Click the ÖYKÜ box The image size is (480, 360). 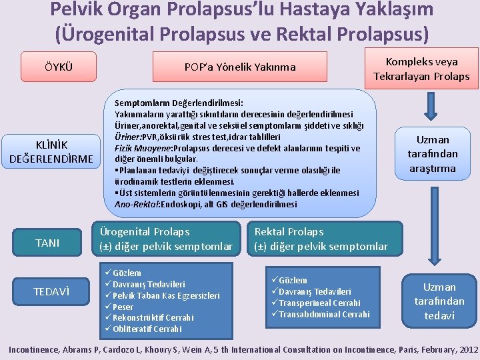tap(59, 67)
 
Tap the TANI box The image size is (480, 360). tap(47, 243)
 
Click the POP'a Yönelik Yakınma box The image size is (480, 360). tap(239, 67)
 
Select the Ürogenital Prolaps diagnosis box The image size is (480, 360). tap(166, 239)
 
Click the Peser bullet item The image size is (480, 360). tap(123, 307)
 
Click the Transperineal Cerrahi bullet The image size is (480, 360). tap(319, 303)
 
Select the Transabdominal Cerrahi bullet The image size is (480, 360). tap(323, 314)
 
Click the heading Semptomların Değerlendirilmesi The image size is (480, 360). tap(179, 103)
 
